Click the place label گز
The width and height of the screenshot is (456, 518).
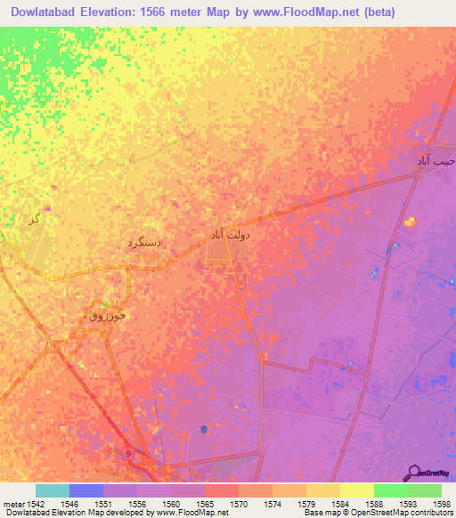(34, 218)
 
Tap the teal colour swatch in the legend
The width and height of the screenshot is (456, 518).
(53, 490)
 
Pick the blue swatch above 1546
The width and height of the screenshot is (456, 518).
(86, 490)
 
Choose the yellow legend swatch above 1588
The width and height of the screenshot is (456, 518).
(356, 490)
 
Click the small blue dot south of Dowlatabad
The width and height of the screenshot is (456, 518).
(204, 430)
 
